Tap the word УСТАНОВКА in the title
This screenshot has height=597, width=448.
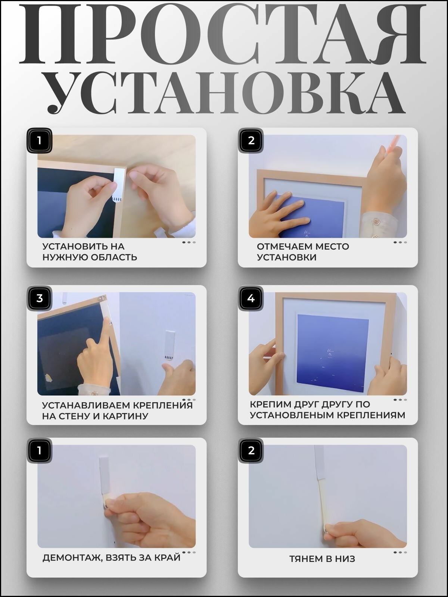[x=226, y=93]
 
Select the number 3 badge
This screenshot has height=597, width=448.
[x=40, y=298]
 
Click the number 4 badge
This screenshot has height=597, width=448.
[x=251, y=298]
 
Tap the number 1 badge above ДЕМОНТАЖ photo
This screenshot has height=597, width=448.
[x=40, y=451]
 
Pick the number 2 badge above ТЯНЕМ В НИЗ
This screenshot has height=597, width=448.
[x=251, y=451]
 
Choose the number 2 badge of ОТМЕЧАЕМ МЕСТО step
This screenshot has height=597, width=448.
[x=251, y=140]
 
